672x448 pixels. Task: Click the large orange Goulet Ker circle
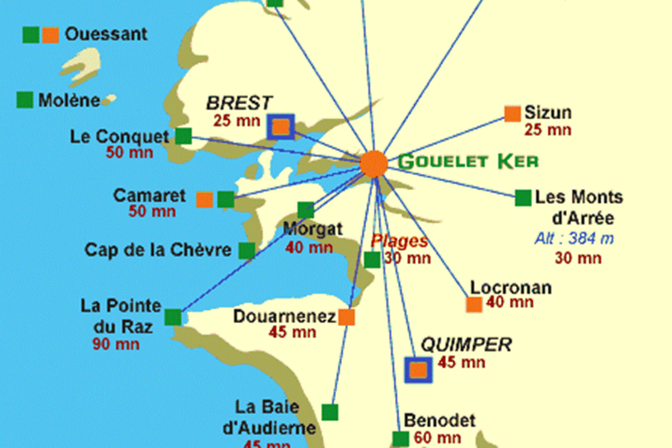pyautogui.click(x=374, y=164)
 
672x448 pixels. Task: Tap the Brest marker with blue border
pyautogui.click(x=281, y=127)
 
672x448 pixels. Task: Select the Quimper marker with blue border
pyautogui.click(x=418, y=370)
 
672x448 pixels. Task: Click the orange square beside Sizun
pyautogui.click(x=512, y=114)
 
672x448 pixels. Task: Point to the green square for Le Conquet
pyautogui.click(x=184, y=136)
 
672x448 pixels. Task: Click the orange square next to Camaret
pyautogui.click(x=205, y=200)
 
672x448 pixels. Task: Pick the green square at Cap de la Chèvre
pyautogui.click(x=247, y=250)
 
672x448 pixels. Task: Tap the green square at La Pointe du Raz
pyautogui.click(x=173, y=317)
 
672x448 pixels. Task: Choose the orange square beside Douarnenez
pyautogui.click(x=347, y=317)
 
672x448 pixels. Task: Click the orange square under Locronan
pyautogui.click(x=474, y=305)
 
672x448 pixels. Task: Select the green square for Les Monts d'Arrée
pyautogui.click(x=523, y=197)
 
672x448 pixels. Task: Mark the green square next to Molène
pyautogui.click(x=25, y=100)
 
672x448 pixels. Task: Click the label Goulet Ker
pyautogui.click(x=468, y=162)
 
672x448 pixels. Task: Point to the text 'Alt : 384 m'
pyautogui.click(x=573, y=239)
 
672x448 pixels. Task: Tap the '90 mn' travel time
pyautogui.click(x=116, y=343)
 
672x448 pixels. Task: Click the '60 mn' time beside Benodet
pyautogui.click(x=438, y=438)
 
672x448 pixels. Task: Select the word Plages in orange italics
pyautogui.click(x=399, y=242)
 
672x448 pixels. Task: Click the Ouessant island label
pyautogui.click(x=106, y=34)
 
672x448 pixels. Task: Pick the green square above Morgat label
pyautogui.click(x=306, y=210)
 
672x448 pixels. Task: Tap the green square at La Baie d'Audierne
pyautogui.click(x=330, y=412)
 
